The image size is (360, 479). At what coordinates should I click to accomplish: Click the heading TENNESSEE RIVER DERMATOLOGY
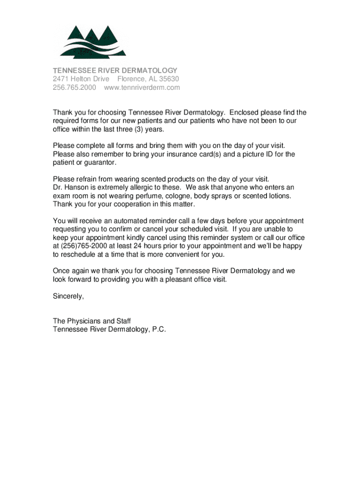pyautogui.click(x=115, y=70)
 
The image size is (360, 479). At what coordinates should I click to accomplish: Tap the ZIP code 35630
pyautogui.click(x=168, y=79)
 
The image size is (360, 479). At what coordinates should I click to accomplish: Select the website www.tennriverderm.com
pyautogui.click(x=142, y=87)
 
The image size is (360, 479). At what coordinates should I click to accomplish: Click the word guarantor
pyautogui.click(x=100, y=162)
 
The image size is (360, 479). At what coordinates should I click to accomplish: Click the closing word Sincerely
pyautogui.click(x=68, y=296)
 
